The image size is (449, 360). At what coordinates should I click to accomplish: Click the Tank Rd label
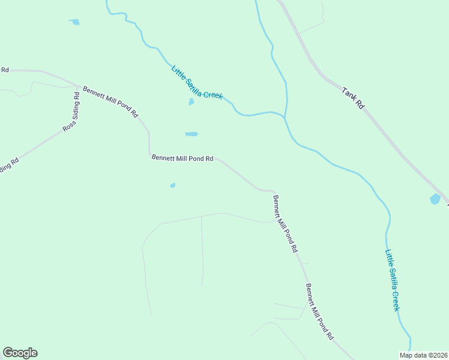(x=353, y=98)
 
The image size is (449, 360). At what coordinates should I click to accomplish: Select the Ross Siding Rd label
(x=71, y=111)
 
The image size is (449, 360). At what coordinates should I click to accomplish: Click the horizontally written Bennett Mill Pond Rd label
(x=182, y=158)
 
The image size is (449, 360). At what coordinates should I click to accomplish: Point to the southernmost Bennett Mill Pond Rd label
(x=319, y=312)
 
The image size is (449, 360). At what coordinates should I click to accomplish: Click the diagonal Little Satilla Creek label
(x=197, y=82)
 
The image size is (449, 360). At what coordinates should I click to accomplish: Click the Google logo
(x=20, y=353)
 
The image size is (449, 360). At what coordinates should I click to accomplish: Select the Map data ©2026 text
(x=423, y=355)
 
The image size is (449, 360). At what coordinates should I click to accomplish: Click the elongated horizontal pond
(x=191, y=134)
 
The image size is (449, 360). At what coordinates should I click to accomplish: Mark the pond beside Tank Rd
(x=435, y=199)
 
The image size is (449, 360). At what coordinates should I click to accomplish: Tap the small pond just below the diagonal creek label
(x=191, y=102)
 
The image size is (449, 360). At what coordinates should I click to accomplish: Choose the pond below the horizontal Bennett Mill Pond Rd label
(x=173, y=185)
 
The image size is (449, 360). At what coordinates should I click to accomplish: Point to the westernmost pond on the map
(x=74, y=22)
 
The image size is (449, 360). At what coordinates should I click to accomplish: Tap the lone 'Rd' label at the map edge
(x=5, y=70)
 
